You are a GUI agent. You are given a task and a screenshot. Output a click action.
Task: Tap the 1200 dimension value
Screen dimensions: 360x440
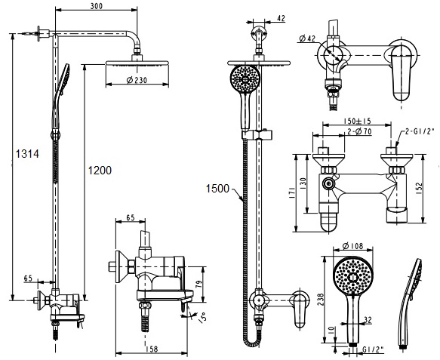click(98, 171)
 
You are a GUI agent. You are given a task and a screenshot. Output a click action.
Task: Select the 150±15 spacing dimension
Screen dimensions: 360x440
click(357, 120)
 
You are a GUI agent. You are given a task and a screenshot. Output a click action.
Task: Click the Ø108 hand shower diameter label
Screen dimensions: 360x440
click(353, 245)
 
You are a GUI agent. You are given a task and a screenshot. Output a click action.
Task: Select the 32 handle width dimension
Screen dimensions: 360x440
click(368, 320)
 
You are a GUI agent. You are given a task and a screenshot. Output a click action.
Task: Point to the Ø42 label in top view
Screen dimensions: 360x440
click(307, 39)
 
